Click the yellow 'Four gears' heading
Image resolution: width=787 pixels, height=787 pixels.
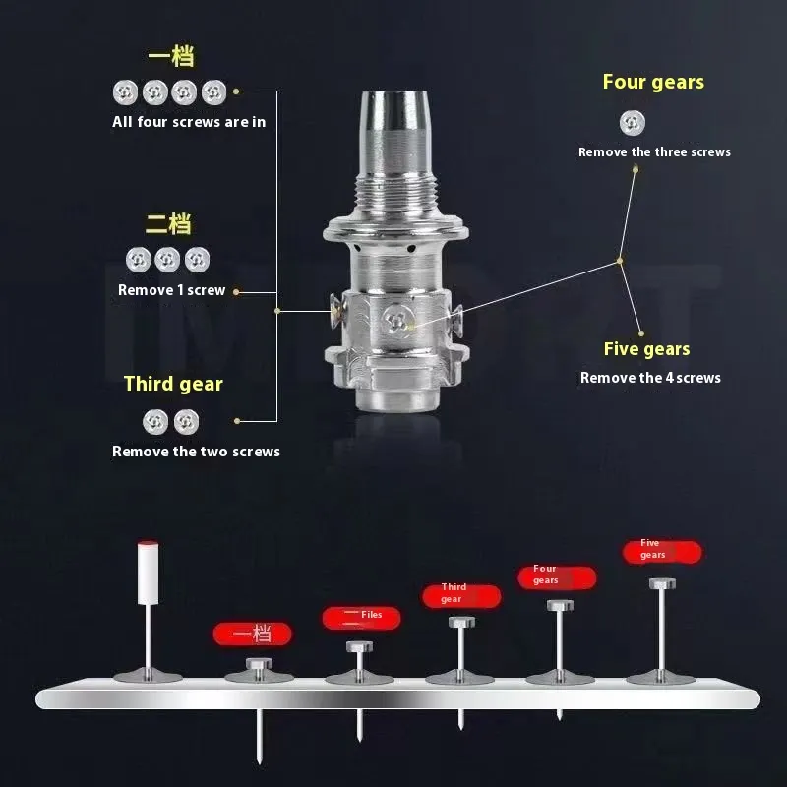point(653,82)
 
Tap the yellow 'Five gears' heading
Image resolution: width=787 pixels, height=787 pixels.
point(646,349)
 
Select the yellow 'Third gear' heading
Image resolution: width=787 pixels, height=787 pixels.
point(173,384)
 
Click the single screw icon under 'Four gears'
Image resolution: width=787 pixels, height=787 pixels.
point(632,123)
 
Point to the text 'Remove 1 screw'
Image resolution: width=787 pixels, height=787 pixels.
point(171,290)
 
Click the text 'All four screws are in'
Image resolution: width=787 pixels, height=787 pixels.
point(189,122)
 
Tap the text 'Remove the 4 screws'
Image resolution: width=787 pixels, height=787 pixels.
point(650,378)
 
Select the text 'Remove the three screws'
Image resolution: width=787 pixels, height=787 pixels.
point(654,152)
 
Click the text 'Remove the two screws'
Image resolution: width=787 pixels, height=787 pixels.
point(196,452)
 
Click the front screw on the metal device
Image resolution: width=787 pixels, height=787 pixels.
point(397,320)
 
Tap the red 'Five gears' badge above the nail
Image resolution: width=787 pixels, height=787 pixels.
point(662,552)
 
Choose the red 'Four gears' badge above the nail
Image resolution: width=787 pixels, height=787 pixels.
point(557,577)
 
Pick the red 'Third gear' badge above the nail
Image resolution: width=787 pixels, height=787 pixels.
point(461,596)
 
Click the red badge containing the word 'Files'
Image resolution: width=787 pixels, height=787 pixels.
point(361,618)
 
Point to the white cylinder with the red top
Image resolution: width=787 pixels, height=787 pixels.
point(149,573)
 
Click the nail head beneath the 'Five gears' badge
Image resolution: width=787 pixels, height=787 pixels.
point(662,583)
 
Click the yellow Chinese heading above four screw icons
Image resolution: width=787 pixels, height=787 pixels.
point(171,56)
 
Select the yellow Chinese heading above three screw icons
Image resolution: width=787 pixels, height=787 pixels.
point(168,224)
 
